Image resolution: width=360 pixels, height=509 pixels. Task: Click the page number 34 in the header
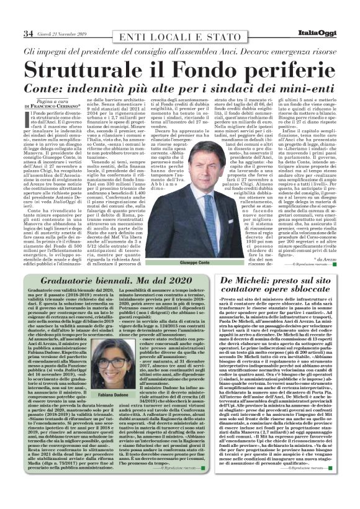tap(29, 33)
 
